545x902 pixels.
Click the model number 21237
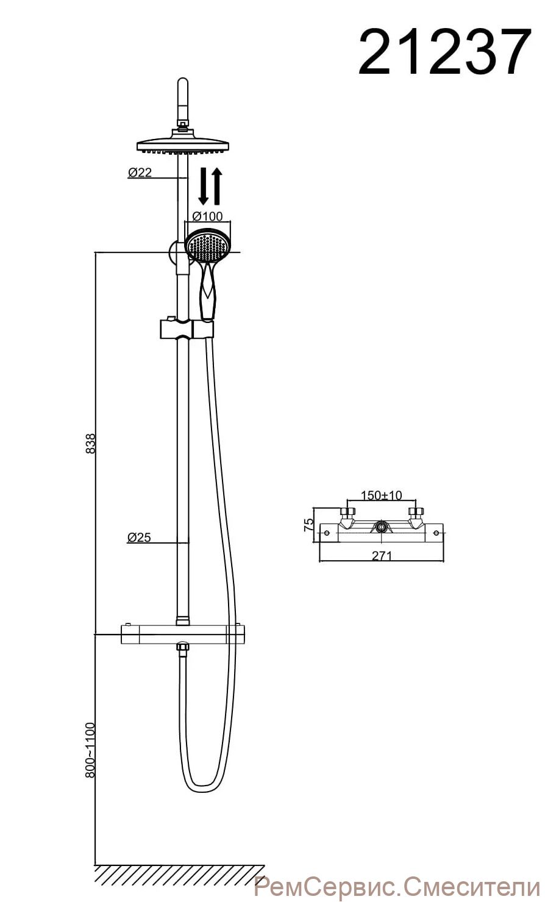click(x=444, y=51)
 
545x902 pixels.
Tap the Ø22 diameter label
click(x=140, y=172)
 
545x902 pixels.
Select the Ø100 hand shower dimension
click(x=207, y=216)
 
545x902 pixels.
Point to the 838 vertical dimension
click(x=91, y=443)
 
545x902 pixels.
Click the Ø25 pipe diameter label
click(x=139, y=537)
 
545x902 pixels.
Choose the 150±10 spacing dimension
click(x=381, y=495)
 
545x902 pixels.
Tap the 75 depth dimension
click(x=308, y=524)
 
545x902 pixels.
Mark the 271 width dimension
click(x=382, y=556)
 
